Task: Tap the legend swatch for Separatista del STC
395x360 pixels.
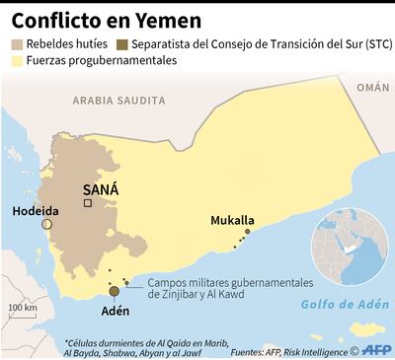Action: click(x=120, y=44)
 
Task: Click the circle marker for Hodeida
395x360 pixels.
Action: click(x=46, y=225)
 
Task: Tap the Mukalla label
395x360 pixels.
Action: click(x=233, y=221)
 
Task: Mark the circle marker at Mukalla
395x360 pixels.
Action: click(x=247, y=233)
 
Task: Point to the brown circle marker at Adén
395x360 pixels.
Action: click(x=115, y=291)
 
